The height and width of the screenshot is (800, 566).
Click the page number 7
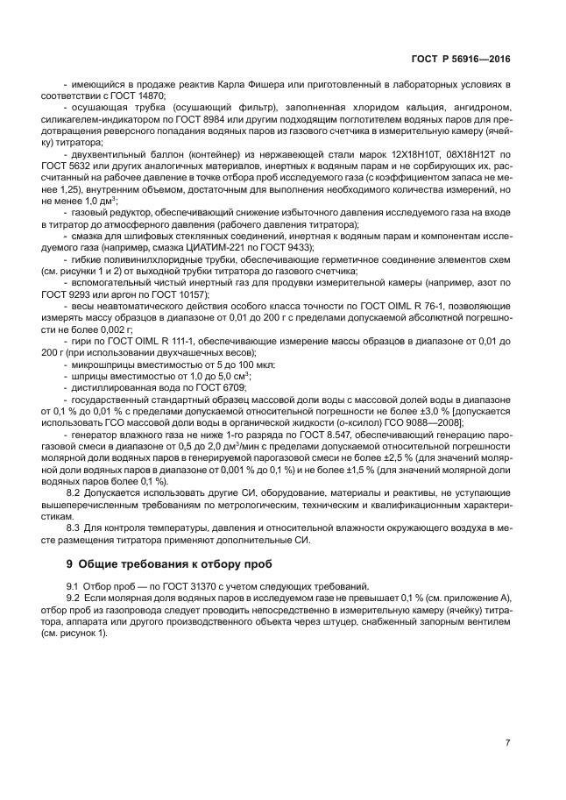[x=507, y=743]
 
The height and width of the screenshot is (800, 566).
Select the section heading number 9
[x=58, y=563]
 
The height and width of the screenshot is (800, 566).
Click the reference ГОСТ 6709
[x=225, y=386]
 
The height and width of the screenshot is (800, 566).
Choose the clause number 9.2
[x=74, y=598]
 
